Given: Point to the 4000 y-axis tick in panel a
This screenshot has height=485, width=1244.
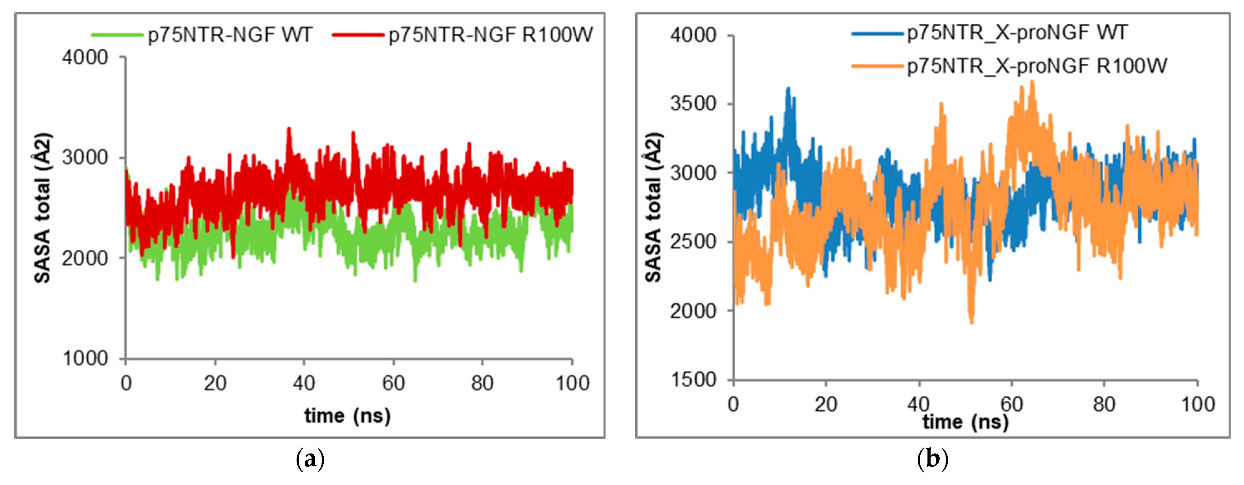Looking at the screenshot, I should pyautogui.click(x=85, y=57).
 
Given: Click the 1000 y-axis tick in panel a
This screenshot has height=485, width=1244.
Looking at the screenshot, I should pyautogui.click(x=85, y=358).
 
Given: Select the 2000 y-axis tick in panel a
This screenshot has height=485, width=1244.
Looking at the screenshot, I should pyautogui.click(x=85, y=258).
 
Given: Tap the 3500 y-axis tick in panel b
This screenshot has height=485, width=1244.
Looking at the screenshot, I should pyautogui.click(x=693, y=103).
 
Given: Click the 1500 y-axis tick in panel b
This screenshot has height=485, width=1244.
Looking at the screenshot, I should pyautogui.click(x=693, y=380).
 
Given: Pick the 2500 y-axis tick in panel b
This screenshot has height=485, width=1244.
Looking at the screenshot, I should pyautogui.click(x=693, y=242).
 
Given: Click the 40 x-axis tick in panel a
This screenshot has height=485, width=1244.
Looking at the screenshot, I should pyautogui.click(x=304, y=383).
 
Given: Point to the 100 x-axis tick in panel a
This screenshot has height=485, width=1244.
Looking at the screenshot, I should pyautogui.click(x=572, y=383).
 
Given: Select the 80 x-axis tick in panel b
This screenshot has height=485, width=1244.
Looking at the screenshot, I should pyautogui.click(x=1104, y=404).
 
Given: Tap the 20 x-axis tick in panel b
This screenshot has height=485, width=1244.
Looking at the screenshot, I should pyautogui.click(x=826, y=404).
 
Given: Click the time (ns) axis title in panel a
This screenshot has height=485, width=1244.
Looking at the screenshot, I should pyautogui.click(x=347, y=415).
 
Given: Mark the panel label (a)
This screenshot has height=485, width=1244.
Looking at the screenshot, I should pyautogui.click(x=310, y=459).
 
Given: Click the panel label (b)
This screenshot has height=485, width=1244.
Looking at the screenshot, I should pyautogui.click(x=932, y=459).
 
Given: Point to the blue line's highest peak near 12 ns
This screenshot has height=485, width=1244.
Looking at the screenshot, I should pyautogui.click(x=788, y=88).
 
